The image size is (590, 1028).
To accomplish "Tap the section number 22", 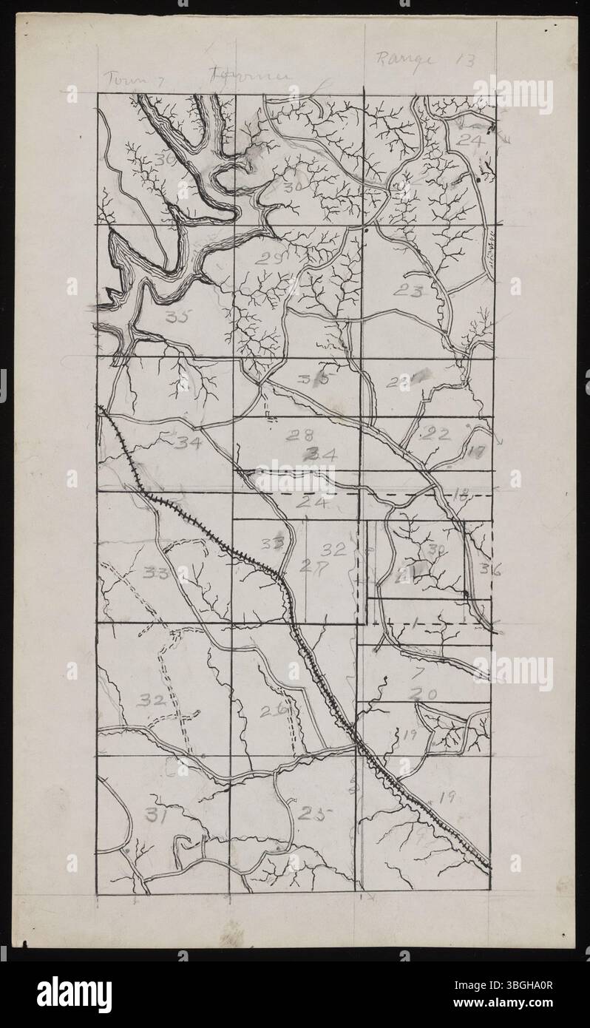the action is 434,434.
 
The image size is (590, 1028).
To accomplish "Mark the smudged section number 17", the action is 477,450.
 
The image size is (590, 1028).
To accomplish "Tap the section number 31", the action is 155,815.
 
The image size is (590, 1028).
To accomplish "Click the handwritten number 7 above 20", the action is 418,673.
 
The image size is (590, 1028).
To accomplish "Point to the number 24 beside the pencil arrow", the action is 468,139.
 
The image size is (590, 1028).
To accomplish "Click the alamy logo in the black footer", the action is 74,994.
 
